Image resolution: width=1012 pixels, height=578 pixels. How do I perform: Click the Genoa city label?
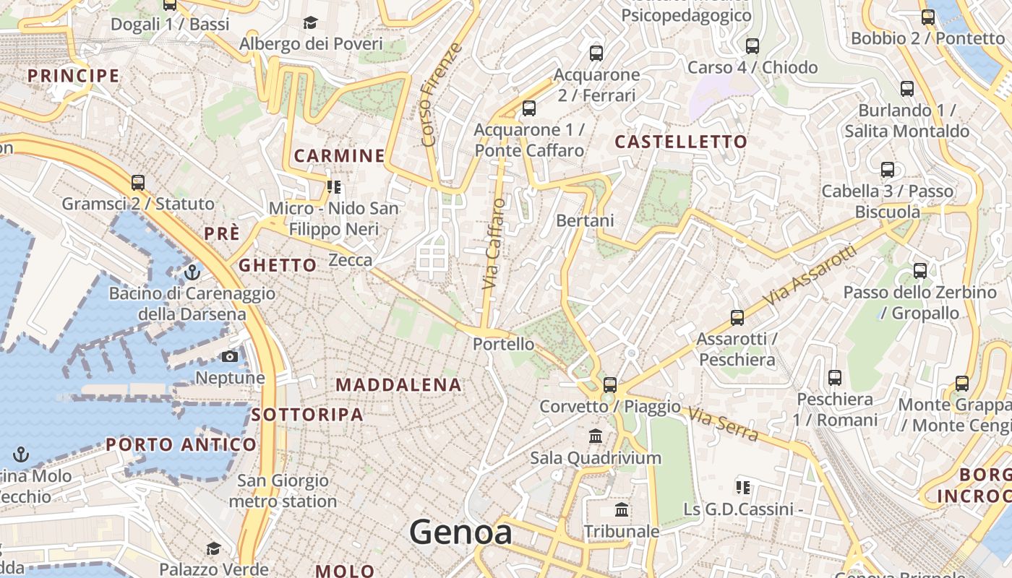[460, 532]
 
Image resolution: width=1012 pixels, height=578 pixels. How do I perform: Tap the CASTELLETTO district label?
[680, 142]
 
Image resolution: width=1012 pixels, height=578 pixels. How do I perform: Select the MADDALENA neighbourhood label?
[398, 385]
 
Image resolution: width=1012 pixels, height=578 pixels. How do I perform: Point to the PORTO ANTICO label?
[181, 444]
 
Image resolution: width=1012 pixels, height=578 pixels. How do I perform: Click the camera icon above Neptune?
[230, 357]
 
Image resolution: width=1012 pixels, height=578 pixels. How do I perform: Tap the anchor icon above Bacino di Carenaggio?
[192, 272]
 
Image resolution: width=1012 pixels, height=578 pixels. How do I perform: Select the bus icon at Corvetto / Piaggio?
[610, 385]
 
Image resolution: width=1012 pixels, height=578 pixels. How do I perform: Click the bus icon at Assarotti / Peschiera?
[737, 317]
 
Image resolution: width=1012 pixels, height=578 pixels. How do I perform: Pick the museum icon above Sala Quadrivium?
[596, 436]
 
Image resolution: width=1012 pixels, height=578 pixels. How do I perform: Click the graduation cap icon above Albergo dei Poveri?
[310, 23]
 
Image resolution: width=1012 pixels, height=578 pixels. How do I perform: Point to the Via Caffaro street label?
[494, 244]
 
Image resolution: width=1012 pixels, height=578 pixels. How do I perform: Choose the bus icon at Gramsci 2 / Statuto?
[138, 183]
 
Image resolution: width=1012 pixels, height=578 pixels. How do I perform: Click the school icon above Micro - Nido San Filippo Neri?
[333, 188]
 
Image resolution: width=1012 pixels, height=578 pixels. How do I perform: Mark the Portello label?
[503, 344]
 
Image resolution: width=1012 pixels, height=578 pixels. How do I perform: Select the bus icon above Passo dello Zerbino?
[919, 271]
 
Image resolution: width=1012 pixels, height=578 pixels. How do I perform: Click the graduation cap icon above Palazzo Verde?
[213, 548]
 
